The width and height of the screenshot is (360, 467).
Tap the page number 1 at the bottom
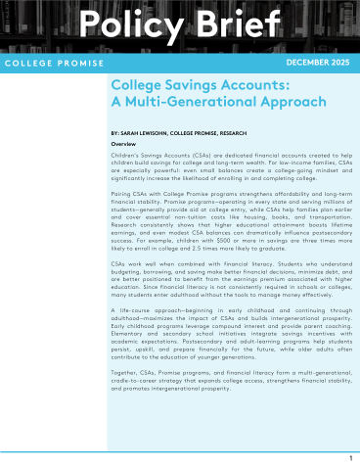click(x=350, y=457)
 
